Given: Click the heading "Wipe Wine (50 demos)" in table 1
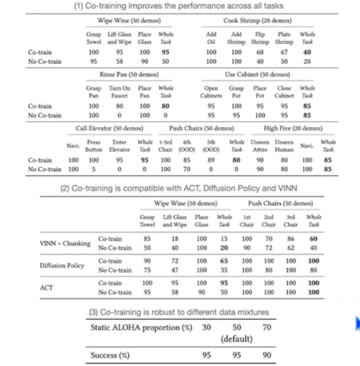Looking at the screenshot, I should coord(129,21).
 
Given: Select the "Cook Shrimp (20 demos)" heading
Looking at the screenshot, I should coord(257,21).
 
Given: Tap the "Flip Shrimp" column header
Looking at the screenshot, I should coord(260,38).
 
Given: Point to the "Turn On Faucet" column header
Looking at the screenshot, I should coord(119,92).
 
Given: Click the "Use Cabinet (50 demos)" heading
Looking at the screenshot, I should coord(257,74).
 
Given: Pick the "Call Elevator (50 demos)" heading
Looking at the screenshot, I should coord(109,128).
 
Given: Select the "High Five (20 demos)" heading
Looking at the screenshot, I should coord(293,128).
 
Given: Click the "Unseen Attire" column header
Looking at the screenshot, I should coord(260,146).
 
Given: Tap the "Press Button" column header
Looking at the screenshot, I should coord(94,146).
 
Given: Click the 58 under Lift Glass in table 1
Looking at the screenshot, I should coord(119,61).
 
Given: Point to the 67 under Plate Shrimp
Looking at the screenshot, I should coord(284,52).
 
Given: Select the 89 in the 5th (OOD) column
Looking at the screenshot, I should coord(211,160).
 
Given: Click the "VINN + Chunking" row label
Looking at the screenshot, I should coord(65,243).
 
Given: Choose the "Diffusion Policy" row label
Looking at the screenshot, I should coord(62,266).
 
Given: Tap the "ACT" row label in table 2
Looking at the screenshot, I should coord(46,288).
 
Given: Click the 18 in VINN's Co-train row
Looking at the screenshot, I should coord(175,239).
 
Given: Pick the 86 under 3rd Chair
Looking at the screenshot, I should coord(291,239).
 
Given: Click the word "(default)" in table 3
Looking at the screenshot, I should coord(236,338).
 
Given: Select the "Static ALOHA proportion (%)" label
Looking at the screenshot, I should coord(141,327).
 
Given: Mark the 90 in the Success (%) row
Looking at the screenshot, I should coord(266,355).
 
